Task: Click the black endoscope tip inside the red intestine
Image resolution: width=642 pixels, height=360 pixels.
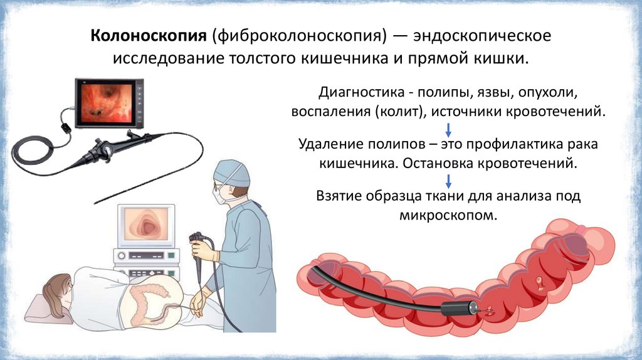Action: (459, 309)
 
